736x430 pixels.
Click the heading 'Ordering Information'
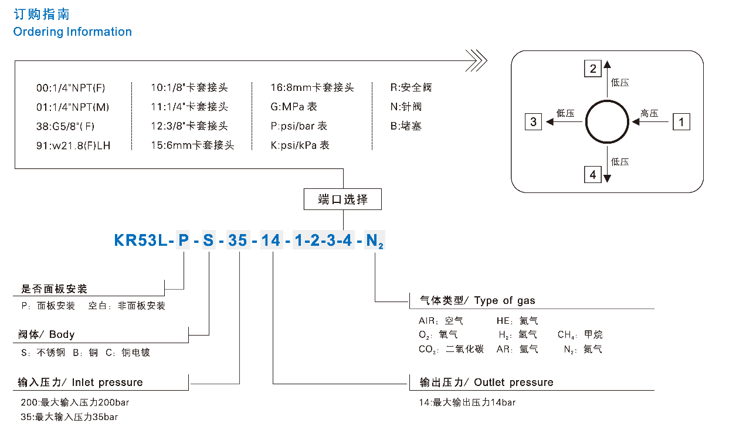click(x=72, y=32)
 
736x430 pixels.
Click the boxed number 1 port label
click(x=681, y=122)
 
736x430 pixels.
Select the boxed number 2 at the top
click(x=593, y=69)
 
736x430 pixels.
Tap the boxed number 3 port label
click(x=533, y=122)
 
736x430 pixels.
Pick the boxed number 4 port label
click(x=593, y=174)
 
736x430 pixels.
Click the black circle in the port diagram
click(x=607, y=122)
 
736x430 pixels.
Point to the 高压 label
click(x=649, y=113)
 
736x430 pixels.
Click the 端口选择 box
click(x=343, y=199)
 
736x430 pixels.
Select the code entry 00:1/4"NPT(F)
click(x=71, y=88)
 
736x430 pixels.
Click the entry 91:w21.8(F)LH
click(x=73, y=145)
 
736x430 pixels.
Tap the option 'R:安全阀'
click(x=411, y=88)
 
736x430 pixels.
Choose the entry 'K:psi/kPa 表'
click(x=300, y=145)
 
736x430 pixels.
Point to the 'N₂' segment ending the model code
click(x=374, y=241)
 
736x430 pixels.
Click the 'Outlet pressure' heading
click(x=514, y=382)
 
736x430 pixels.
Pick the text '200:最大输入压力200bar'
click(x=74, y=402)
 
